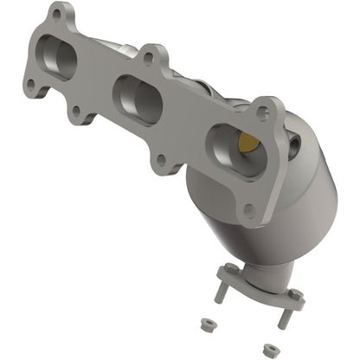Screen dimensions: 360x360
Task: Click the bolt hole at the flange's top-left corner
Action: tap(58, 16)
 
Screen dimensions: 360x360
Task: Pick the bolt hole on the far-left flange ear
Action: tap(31, 85)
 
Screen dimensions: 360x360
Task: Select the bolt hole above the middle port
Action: tap(151, 59)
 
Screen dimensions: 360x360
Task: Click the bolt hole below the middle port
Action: tap(159, 161)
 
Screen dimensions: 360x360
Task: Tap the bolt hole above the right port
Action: tap(264, 112)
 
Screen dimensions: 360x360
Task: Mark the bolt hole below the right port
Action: tap(250, 209)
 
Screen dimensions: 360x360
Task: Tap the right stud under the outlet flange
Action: tap(283, 317)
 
